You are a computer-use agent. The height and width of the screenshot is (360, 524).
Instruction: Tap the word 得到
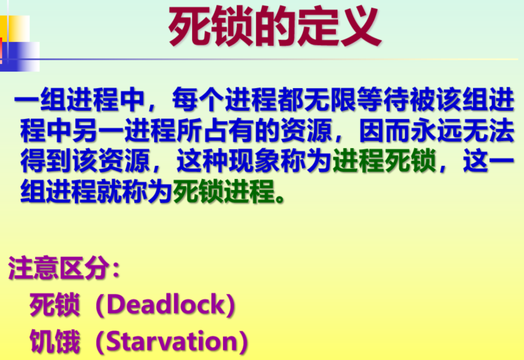(x=44, y=163)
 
